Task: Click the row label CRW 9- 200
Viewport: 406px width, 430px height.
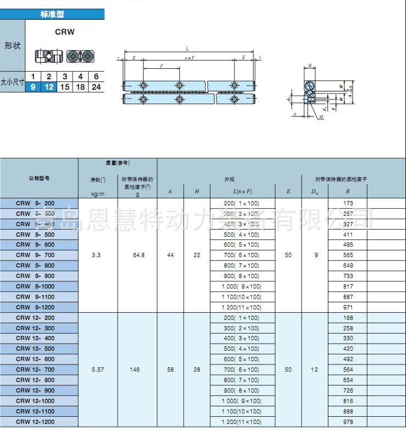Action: click(x=35, y=203)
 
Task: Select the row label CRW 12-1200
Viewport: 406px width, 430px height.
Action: click(x=35, y=421)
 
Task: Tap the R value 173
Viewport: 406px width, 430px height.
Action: click(x=348, y=203)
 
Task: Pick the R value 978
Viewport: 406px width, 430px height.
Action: click(x=348, y=421)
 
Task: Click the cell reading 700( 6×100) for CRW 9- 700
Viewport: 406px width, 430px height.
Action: click(x=242, y=255)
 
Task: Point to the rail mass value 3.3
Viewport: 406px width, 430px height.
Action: click(x=96, y=255)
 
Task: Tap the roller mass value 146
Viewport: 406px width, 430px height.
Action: click(x=135, y=369)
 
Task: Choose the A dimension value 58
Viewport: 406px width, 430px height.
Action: click(x=170, y=369)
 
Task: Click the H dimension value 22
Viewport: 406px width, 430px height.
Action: click(x=197, y=255)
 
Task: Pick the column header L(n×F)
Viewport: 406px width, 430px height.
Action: click(x=242, y=191)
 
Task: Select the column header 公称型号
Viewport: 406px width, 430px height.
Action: click(x=39, y=178)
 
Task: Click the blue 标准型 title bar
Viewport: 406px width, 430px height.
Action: click(x=52, y=14)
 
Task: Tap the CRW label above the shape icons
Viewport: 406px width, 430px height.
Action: click(x=64, y=32)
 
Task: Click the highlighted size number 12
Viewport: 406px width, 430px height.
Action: click(x=49, y=86)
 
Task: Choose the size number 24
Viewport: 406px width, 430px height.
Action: click(x=96, y=86)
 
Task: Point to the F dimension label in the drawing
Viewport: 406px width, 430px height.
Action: click(x=161, y=66)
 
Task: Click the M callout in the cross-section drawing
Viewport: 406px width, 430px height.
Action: click(x=321, y=117)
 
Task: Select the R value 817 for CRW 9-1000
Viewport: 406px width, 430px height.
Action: click(x=348, y=286)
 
